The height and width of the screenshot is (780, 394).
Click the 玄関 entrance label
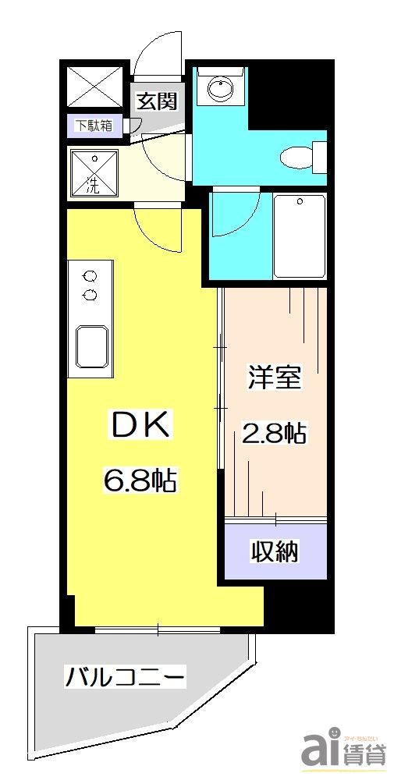[157, 101]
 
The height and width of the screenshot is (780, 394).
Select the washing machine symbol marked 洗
[94, 172]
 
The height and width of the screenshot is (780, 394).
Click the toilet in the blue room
[301, 156]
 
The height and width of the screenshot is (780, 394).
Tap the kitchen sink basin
[92, 344]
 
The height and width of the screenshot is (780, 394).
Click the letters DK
[141, 425]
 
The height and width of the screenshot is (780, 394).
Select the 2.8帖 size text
[273, 432]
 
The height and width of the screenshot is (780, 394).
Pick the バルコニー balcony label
[125, 675]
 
